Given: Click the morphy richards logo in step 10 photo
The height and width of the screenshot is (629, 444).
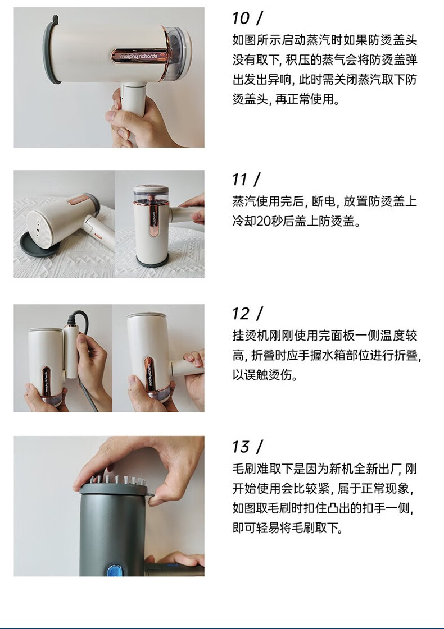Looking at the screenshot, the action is click(x=138, y=56).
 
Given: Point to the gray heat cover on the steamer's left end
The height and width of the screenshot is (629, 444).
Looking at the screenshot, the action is click(x=50, y=50).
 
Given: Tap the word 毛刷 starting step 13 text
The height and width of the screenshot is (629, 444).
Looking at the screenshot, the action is click(x=244, y=469).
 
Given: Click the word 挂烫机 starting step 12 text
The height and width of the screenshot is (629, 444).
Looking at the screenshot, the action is click(x=250, y=336).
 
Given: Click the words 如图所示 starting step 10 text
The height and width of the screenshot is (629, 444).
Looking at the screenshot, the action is click(x=256, y=40).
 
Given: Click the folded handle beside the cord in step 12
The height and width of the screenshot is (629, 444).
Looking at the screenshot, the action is click(x=71, y=353).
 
